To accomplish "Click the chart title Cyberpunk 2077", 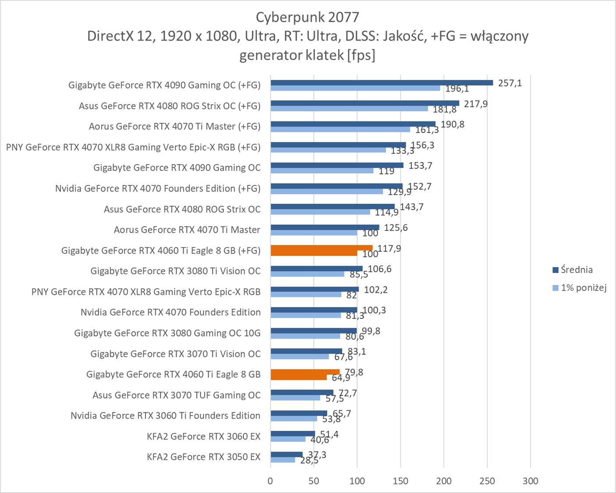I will tap(308, 17).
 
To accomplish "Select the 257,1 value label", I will tap(510, 83).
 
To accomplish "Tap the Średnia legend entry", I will tap(577, 270).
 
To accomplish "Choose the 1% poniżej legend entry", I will tap(584, 288).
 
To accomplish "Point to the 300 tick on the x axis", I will tap(530, 481).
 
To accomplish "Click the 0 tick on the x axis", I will tap(270, 481).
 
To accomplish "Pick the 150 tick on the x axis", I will tap(400, 481).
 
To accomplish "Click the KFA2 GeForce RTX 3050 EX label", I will tap(204, 457).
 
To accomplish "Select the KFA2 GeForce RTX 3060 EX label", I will tap(204, 436).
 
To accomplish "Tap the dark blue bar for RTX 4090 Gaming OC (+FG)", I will tap(381, 82).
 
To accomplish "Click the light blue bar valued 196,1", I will tap(355, 88).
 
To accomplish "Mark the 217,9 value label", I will tap(476, 104).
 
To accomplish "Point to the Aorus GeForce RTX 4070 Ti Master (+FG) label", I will tap(174, 127).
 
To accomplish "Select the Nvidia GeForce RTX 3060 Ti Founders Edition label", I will tap(166, 416).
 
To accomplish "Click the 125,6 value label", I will tap(396, 228).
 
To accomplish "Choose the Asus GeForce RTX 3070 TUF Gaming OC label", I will tap(177, 395).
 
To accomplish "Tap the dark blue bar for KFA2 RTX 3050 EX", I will tap(287, 454).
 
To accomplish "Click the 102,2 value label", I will tap(375, 290).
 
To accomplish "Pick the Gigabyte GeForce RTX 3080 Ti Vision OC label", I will tap(175, 271).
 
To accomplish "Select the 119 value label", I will tap(386, 171).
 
